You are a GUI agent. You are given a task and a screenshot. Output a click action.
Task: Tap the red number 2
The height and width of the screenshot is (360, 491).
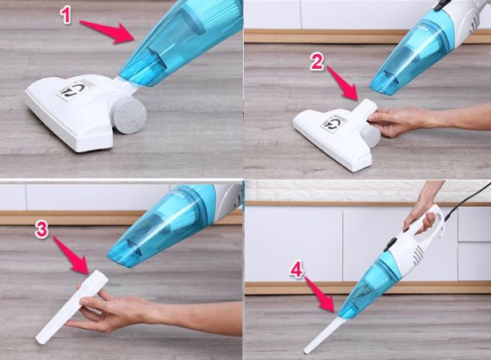317,61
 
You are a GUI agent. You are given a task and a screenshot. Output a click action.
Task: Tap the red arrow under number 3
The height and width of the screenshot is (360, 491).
72,255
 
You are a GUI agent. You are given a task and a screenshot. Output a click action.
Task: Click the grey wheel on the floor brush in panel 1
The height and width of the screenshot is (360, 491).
129,115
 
